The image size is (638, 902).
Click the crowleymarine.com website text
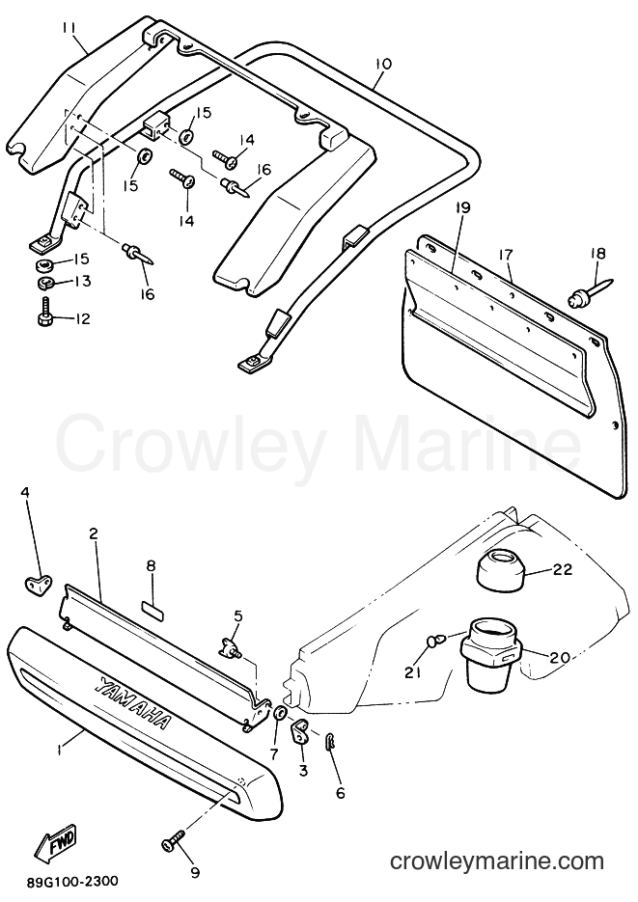click(x=496, y=861)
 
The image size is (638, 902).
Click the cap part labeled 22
click(x=501, y=569)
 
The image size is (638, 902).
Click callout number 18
click(x=596, y=253)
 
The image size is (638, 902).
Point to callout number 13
click(x=82, y=282)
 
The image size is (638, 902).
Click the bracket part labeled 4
click(x=38, y=584)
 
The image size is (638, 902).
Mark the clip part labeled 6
click(x=331, y=742)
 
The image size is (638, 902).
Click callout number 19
click(x=463, y=207)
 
